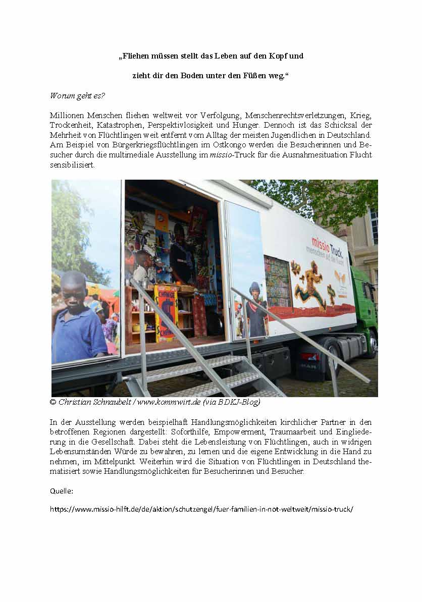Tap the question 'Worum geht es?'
pos(72,95)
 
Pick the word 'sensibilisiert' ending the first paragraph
pos(72,165)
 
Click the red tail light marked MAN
pos(309,356)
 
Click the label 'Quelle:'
pos(61,490)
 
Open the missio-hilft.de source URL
pos(201,509)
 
